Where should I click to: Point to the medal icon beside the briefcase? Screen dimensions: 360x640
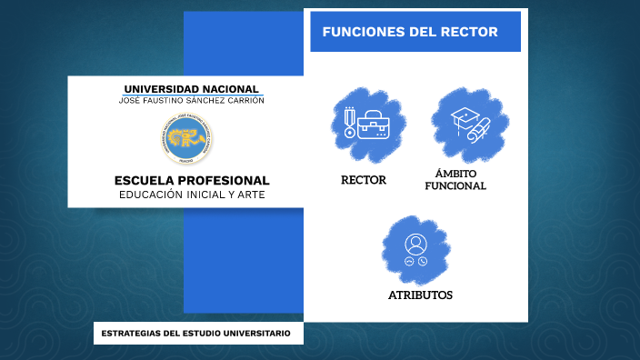[348, 123]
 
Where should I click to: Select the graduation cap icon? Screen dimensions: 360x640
[465, 116]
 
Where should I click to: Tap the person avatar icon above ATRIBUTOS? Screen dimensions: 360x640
[416, 245]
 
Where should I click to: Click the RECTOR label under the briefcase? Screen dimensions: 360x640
[364, 180]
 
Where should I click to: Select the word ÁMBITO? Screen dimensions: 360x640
[455, 173]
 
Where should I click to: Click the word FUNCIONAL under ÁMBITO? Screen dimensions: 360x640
[455, 185]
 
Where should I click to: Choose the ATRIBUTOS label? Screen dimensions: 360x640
[420, 295]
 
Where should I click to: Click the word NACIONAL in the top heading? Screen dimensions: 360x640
[232, 88]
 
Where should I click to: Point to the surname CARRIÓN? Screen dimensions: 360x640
[241, 100]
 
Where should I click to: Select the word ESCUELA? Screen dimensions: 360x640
[145, 180]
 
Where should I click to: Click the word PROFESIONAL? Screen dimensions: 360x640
[225, 180]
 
